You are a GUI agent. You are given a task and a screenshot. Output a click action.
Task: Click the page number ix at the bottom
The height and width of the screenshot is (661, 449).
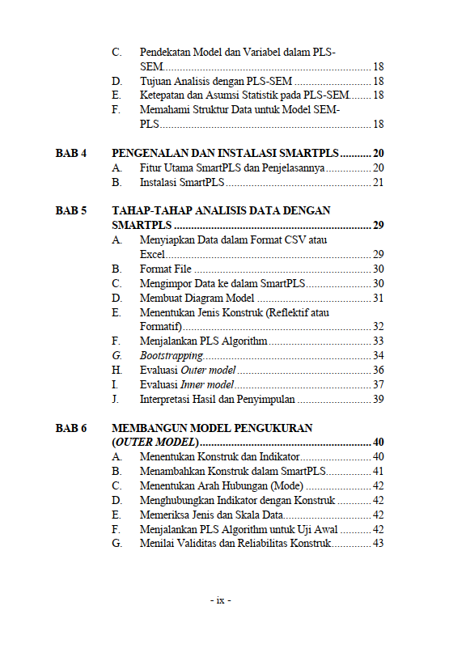[x=220, y=600]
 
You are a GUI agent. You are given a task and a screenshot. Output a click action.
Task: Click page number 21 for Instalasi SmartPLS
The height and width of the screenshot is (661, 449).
[x=378, y=183]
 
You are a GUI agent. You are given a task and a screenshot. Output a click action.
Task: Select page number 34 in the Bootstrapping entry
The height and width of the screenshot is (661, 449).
[x=378, y=355]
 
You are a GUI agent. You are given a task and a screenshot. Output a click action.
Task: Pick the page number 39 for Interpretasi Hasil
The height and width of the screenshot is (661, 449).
[x=378, y=399]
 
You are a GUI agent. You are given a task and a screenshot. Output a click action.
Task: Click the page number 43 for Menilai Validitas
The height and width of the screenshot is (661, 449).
[x=378, y=544]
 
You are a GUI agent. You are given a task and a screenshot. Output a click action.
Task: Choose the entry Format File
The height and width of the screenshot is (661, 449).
[x=166, y=269]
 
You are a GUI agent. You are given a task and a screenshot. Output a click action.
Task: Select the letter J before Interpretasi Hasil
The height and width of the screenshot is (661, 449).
[x=116, y=399]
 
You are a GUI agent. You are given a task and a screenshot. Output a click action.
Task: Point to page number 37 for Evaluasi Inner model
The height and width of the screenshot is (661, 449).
[x=378, y=384]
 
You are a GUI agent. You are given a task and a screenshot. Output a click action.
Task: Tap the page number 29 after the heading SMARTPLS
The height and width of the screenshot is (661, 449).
[x=378, y=225]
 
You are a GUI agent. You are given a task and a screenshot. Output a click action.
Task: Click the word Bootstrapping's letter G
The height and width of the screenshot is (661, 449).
[x=116, y=355]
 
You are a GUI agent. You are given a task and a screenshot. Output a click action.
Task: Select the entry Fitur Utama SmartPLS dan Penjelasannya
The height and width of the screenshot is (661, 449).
[x=232, y=168]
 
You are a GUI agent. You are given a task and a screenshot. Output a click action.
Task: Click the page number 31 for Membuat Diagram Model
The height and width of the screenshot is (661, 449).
[x=378, y=299]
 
